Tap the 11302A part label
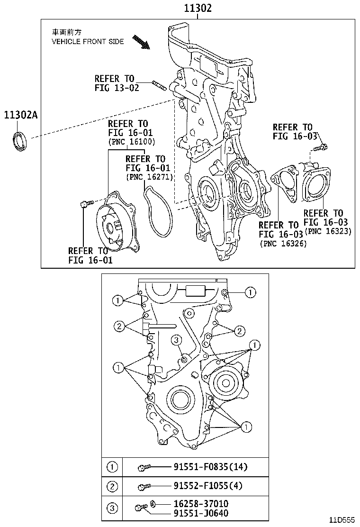tap(20, 115)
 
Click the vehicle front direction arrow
tap(142, 42)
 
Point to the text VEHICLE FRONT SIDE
tap(88, 42)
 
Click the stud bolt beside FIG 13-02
tap(160, 86)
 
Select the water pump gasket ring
tap(157, 211)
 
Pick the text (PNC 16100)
tap(131, 142)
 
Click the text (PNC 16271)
tap(149, 177)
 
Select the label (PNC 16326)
tap(283, 244)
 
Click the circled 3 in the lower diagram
tap(175, 339)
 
